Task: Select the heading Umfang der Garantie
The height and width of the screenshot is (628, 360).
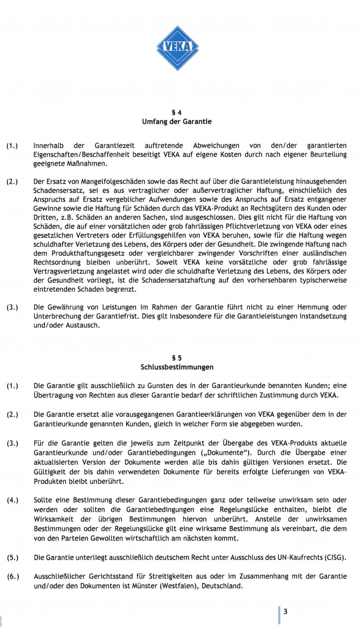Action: pos(177,121)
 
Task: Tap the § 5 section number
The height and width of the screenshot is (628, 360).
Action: pos(177,358)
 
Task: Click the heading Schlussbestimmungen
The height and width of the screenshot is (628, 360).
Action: pos(177,367)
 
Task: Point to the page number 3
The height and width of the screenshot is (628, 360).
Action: pos(285,611)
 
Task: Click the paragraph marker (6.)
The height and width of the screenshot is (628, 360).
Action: pos(13,576)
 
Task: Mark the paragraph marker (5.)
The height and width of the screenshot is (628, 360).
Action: pos(13,557)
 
